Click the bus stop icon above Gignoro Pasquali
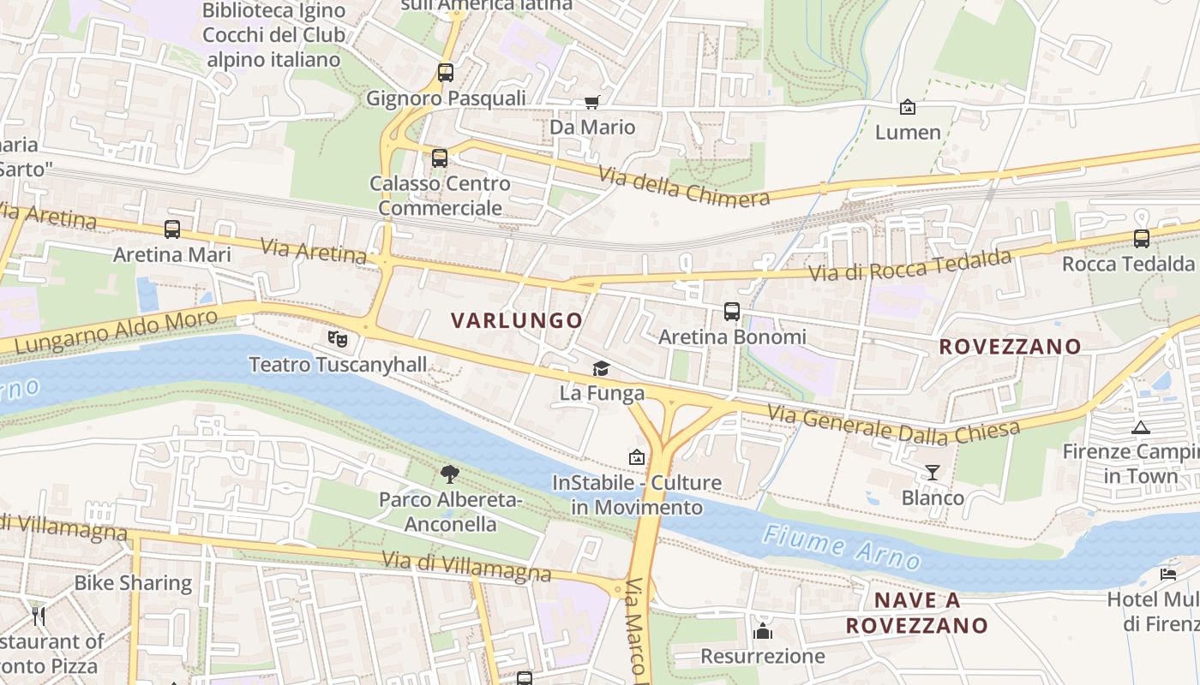pos(445,73)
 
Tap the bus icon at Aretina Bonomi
pos(731,312)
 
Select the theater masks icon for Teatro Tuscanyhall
pos(338,339)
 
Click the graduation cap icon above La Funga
pos(602,368)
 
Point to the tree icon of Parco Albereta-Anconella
pos(449,474)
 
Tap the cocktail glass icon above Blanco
pos(932,472)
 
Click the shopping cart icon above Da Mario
pos(591,103)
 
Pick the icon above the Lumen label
pos(907,107)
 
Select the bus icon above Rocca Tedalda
pos(1141,238)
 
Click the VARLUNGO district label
pos(517,320)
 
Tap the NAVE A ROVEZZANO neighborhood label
pos(917,612)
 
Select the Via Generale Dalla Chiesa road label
pos(893,425)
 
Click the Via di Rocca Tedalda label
pos(911,266)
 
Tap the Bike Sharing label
pos(133,583)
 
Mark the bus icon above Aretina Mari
pos(172,229)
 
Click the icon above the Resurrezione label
pos(762,632)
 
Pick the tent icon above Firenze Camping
pos(1140,427)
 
